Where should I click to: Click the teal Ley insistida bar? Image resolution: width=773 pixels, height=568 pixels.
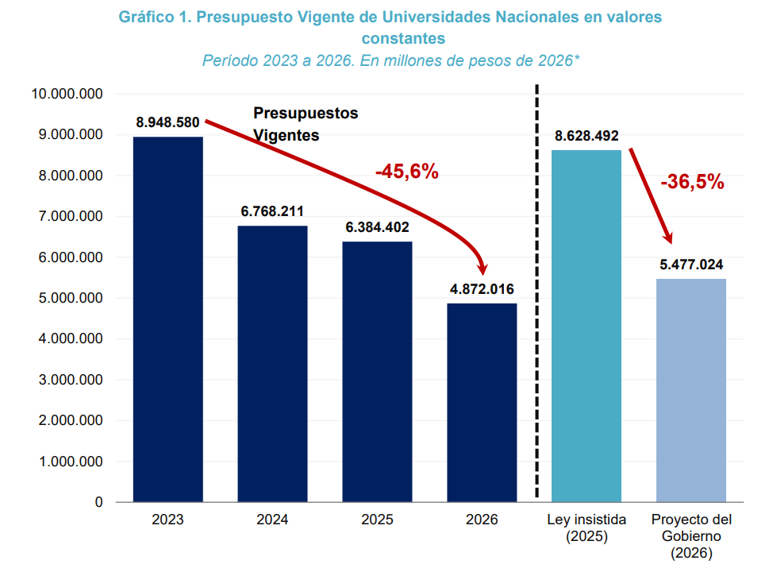586,326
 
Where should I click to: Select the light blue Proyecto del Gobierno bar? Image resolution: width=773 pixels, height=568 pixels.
691,390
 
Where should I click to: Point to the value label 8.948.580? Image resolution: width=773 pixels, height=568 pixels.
167,123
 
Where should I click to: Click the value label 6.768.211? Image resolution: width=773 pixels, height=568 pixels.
272,212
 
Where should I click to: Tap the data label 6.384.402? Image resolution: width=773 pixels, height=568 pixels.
377,228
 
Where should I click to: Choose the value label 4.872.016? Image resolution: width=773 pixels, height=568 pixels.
482,289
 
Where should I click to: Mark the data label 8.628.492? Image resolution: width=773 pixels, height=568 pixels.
586,136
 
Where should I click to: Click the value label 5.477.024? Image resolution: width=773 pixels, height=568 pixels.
691,265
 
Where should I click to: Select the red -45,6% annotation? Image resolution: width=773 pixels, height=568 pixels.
406,172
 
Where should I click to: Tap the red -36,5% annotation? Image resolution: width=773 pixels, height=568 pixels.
692,182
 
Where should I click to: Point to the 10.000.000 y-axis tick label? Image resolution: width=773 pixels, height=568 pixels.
67,94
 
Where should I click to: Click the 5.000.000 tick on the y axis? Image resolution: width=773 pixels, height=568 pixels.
67,298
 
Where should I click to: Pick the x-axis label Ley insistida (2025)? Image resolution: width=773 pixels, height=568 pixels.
586,528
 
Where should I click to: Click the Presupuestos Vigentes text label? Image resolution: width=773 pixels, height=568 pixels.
306,124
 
